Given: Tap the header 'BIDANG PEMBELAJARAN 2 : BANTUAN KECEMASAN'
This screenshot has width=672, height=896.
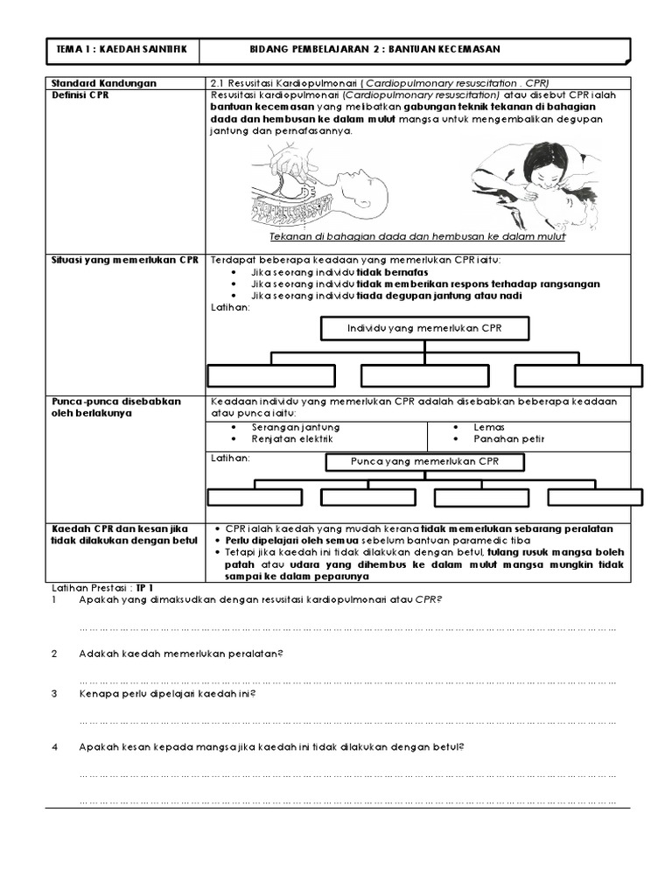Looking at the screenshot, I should (x=375, y=51).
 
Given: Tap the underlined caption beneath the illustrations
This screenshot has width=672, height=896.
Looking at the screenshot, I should (x=416, y=237).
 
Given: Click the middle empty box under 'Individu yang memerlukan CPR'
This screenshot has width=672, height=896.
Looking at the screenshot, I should (x=424, y=374).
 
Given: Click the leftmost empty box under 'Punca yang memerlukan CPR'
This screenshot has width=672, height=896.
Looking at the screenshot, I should (x=254, y=497).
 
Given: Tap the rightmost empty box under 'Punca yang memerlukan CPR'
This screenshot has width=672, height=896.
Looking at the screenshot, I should (x=594, y=497).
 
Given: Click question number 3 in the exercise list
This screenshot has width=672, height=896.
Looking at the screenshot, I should (x=54, y=694).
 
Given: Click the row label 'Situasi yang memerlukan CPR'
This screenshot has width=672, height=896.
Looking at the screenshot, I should (x=126, y=261).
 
